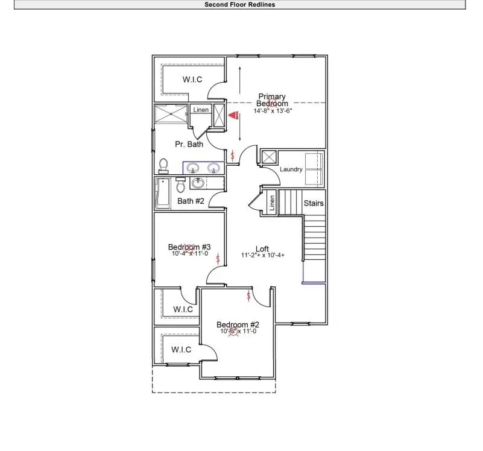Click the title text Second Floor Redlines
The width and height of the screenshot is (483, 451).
240,4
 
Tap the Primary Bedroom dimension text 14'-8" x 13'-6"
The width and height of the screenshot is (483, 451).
272,111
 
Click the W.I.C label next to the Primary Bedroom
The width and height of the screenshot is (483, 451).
192,80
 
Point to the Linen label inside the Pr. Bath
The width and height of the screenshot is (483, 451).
201,110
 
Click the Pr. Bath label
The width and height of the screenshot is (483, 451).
189,144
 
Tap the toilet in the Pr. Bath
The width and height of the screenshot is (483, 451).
163,165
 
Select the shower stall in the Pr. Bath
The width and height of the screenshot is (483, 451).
171,115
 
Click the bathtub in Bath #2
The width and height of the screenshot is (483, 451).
163,192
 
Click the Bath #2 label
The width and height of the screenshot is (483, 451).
190,201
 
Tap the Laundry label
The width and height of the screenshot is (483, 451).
291,169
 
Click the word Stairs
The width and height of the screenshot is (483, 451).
314,203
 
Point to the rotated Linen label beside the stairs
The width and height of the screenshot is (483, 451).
272,203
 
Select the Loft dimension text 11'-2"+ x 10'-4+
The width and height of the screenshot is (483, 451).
262,256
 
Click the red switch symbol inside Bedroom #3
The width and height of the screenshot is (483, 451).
218,257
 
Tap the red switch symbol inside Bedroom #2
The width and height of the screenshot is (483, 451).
248,295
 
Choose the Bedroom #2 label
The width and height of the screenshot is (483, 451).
238,325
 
